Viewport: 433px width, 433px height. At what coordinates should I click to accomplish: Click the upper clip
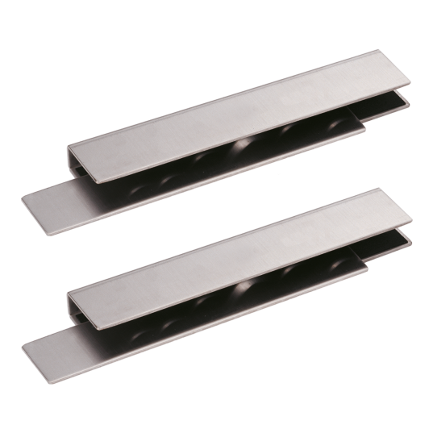(218, 129)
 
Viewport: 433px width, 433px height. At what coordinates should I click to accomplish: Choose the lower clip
(218, 270)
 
